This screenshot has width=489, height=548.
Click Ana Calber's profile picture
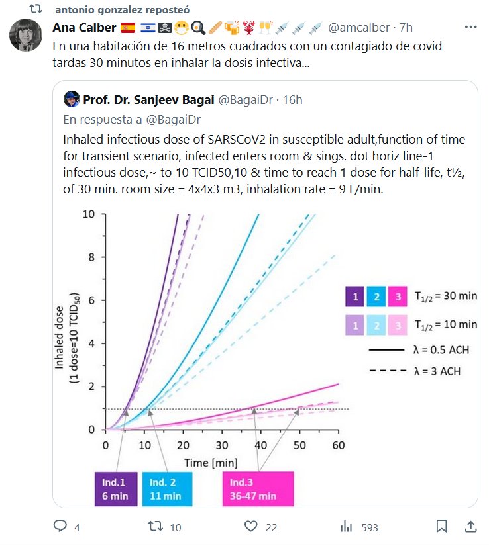pos(26,35)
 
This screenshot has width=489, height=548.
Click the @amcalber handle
pos(358,27)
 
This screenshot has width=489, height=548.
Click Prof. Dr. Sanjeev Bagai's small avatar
pos(72,99)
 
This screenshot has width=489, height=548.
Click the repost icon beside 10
pos(154,527)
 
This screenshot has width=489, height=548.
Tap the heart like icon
pos(250,527)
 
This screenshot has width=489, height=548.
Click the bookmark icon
pos(441,527)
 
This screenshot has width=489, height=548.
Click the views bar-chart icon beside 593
pos(346,527)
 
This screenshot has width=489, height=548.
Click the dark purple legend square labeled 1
pos(356,297)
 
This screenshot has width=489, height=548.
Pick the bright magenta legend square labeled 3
pos(398,297)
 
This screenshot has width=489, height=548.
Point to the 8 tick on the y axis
pos(92,257)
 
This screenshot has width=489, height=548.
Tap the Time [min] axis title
pos(211,462)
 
